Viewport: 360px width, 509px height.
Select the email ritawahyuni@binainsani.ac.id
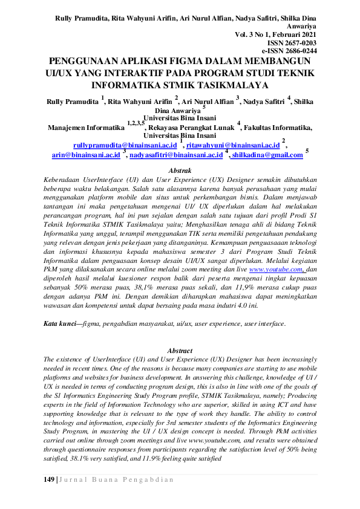[x=233, y=146]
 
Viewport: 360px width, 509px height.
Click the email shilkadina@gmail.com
[x=267, y=155]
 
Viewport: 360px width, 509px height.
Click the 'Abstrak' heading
[x=179, y=171]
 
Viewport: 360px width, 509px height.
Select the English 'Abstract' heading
[x=180, y=351]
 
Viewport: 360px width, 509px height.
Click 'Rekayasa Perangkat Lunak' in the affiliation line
[x=194, y=128]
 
